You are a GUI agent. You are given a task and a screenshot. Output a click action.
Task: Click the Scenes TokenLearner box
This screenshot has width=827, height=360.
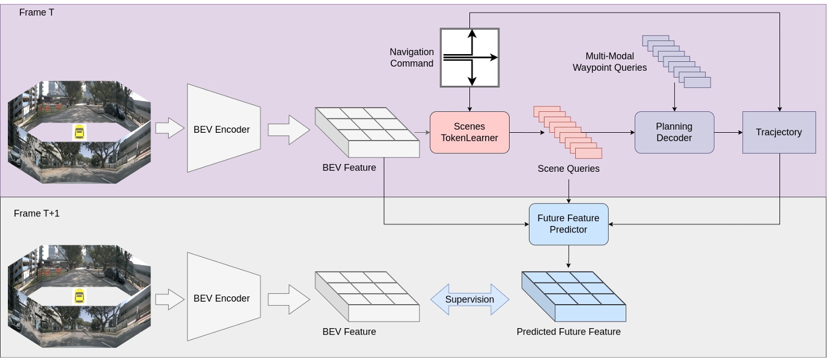click(469, 132)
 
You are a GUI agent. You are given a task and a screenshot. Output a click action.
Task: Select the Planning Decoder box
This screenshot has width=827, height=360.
click(674, 132)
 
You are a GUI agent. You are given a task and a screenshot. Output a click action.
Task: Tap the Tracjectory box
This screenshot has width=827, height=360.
click(779, 132)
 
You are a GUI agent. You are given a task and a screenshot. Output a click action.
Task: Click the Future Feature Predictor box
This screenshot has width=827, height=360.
click(568, 224)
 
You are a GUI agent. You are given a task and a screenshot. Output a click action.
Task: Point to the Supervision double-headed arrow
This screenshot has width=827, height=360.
click(469, 299)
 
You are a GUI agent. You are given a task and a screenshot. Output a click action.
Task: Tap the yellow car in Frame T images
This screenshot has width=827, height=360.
click(79, 132)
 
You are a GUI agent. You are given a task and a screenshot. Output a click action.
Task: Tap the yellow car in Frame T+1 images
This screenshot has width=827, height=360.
click(79, 296)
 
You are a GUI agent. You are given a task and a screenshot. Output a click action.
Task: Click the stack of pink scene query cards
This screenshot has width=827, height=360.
click(567, 132)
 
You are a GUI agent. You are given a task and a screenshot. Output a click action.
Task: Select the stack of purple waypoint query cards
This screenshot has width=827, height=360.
click(676, 60)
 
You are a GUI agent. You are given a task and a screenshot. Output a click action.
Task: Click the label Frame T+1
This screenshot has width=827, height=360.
click(37, 213)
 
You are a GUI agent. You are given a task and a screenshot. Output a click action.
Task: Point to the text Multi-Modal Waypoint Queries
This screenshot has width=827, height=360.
click(609, 62)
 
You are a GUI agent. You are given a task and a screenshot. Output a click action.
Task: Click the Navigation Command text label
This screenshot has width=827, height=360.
click(412, 58)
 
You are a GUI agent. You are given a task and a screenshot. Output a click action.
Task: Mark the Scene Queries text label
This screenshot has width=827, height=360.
click(568, 169)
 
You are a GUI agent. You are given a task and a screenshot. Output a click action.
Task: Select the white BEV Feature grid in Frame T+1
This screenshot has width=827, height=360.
click(367, 296)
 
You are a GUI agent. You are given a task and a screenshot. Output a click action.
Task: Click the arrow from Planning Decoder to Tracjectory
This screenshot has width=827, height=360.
click(728, 132)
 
